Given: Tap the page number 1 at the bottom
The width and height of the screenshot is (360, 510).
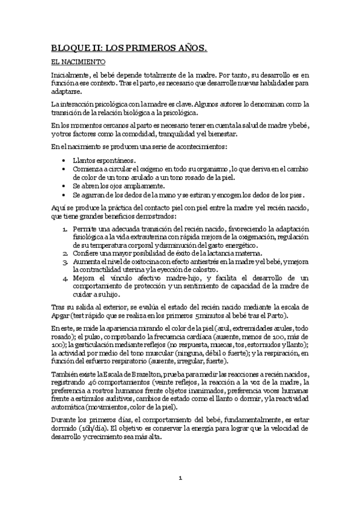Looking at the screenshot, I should point(180,478).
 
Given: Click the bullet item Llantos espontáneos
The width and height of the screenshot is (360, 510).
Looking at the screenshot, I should point(104,161).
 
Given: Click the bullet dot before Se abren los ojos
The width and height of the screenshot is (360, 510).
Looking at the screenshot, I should point(64,186).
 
